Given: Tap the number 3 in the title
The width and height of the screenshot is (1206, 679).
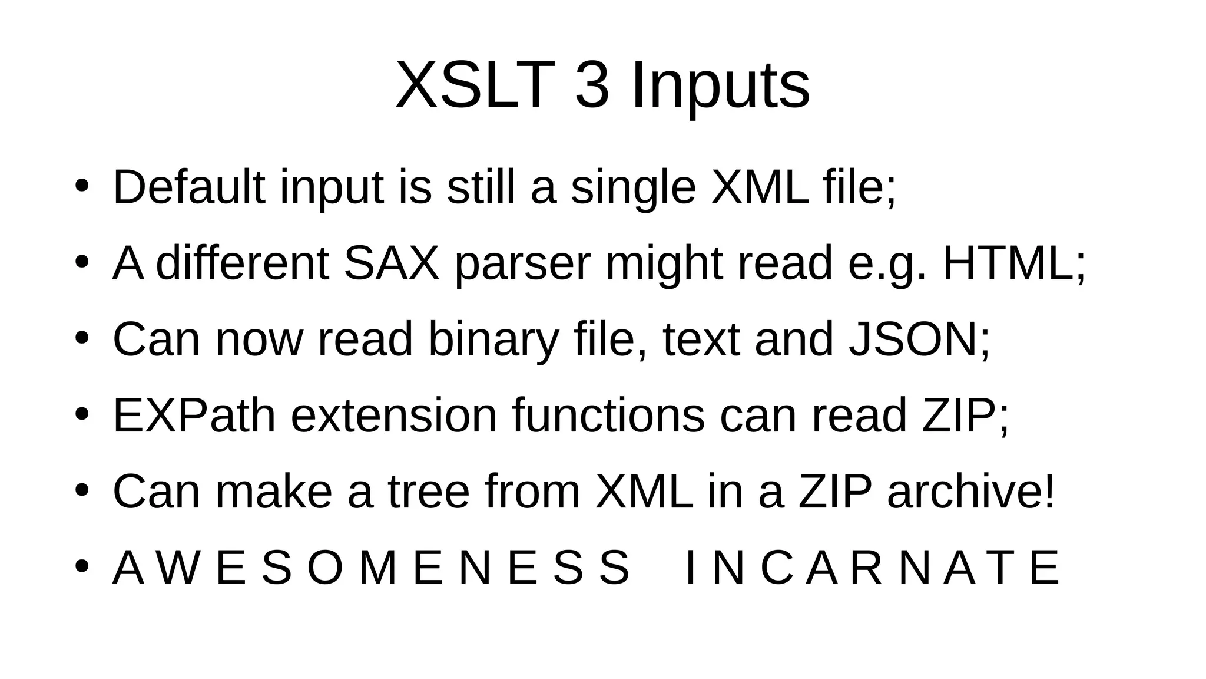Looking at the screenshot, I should pyautogui.click(x=591, y=85).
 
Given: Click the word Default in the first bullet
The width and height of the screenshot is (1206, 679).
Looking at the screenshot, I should pyautogui.click(x=188, y=187).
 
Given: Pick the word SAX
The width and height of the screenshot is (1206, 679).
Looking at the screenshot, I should pyautogui.click(x=392, y=263).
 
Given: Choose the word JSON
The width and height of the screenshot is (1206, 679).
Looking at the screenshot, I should pyautogui.click(x=913, y=339).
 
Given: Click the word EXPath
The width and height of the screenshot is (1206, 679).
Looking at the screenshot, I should pyautogui.click(x=194, y=416).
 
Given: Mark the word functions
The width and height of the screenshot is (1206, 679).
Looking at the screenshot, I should pyautogui.click(x=608, y=416).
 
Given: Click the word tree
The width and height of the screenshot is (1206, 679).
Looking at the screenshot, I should pyautogui.click(x=428, y=492).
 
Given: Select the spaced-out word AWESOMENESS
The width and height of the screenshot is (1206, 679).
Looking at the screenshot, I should pyautogui.click(x=371, y=569).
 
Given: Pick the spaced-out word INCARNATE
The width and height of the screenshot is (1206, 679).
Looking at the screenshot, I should pyautogui.click(x=873, y=569).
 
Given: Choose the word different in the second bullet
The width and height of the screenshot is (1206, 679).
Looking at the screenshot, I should pyautogui.click(x=242, y=263).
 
